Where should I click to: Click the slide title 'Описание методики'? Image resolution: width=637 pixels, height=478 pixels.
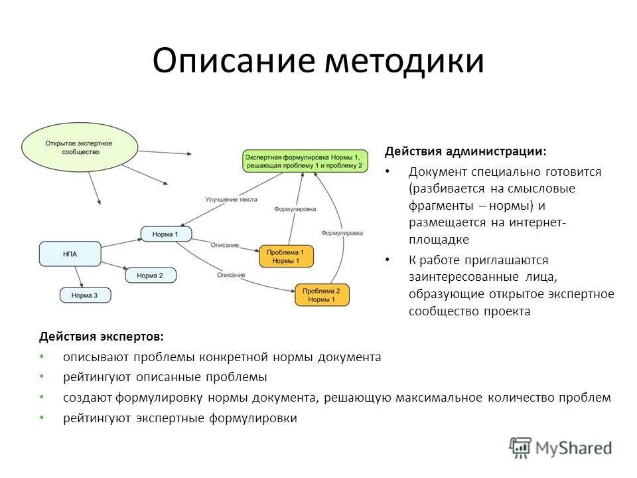(x=318, y=61)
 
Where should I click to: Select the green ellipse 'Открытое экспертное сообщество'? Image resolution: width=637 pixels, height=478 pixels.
(x=79, y=147)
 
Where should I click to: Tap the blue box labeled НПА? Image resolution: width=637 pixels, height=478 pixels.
(x=71, y=254)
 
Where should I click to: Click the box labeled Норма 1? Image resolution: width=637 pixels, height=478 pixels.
(x=166, y=234)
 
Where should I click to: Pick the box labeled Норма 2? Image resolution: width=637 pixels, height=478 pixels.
(x=151, y=275)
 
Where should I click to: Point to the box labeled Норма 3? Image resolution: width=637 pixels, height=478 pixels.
(x=86, y=295)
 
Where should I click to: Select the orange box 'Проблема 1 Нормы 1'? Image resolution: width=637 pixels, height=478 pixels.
(x=286, y=257)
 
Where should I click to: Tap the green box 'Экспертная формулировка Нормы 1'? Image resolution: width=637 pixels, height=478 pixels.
(x=305, y=161)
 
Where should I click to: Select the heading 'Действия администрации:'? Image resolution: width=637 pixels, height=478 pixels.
(x=466, y=151)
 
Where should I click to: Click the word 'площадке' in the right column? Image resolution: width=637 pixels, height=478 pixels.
(x=439, y=240)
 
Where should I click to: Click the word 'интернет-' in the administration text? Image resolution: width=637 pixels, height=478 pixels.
(x=537, y=222)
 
